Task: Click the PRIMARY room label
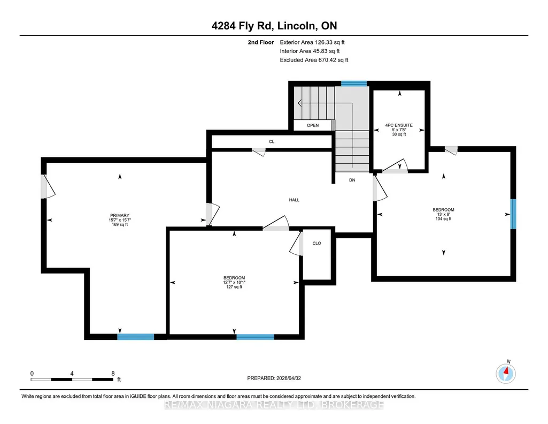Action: click(120, 216)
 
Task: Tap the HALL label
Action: click(294, 200)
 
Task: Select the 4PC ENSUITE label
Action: click(399, 125)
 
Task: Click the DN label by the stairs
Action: click(352, 180)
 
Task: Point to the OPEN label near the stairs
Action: click(313, 126)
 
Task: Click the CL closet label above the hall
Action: click(272, 142)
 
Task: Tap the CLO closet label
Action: click(317, 243)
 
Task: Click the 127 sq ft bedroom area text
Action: click(234, 287)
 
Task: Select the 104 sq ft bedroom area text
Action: click(444, 219)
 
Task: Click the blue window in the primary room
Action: click(136, 337)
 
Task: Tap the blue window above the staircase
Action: click(354, 84)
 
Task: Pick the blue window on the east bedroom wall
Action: click(513, 214)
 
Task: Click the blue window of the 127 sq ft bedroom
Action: click(256, 337)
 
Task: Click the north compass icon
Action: click(506, 374)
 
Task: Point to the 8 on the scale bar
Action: click(113, 374)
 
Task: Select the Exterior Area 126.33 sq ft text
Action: click(312, 42)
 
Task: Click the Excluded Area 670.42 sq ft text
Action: click(314, 60)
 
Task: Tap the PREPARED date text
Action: click(274, 378)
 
